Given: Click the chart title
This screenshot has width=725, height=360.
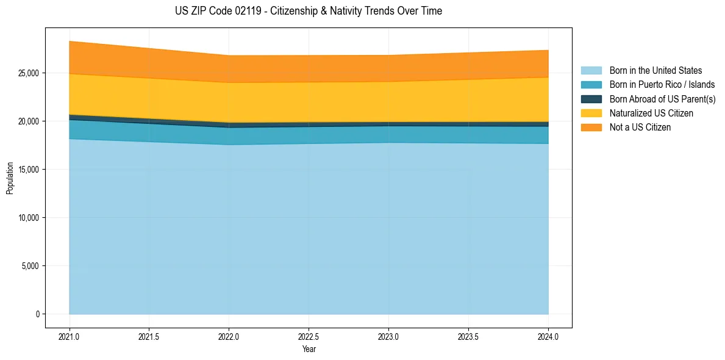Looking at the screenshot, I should click(x=308, y=11).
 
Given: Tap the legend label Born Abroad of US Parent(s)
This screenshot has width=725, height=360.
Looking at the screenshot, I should click(x=662, y=99).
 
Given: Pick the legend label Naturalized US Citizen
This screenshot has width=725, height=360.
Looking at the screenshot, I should click(x=651, y=113).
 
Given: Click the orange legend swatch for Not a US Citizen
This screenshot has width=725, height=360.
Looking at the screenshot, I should click(x=591, y=127).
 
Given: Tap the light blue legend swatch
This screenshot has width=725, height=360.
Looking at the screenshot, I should click(x=591, y=71).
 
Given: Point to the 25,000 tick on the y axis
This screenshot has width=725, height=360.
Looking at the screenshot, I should click(x=29, y=73).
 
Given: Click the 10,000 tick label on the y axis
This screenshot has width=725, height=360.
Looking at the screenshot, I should click(x=29, y=218).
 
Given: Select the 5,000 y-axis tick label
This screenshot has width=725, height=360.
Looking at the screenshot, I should click(x=30, y=266).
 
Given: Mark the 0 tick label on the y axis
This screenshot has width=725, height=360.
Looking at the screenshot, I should click(x=37, y=314).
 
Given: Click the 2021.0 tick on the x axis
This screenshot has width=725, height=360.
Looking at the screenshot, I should click(x=69, y=336).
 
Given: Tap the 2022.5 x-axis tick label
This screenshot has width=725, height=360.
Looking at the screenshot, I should click(x=309, y=336).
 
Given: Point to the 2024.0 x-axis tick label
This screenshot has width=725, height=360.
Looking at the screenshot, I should click(x=548, y=336).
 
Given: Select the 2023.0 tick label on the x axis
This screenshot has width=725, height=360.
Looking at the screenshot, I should click(x=388, y=336).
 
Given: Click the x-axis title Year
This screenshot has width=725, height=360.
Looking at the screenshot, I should click(x=309, y=349).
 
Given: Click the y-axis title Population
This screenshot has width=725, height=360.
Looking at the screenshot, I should click(x=10, y=178).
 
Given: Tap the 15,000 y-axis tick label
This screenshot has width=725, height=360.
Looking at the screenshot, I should click(x=29, y=170).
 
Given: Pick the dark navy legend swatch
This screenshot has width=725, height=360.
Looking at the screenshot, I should click(x=591, y=99).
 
